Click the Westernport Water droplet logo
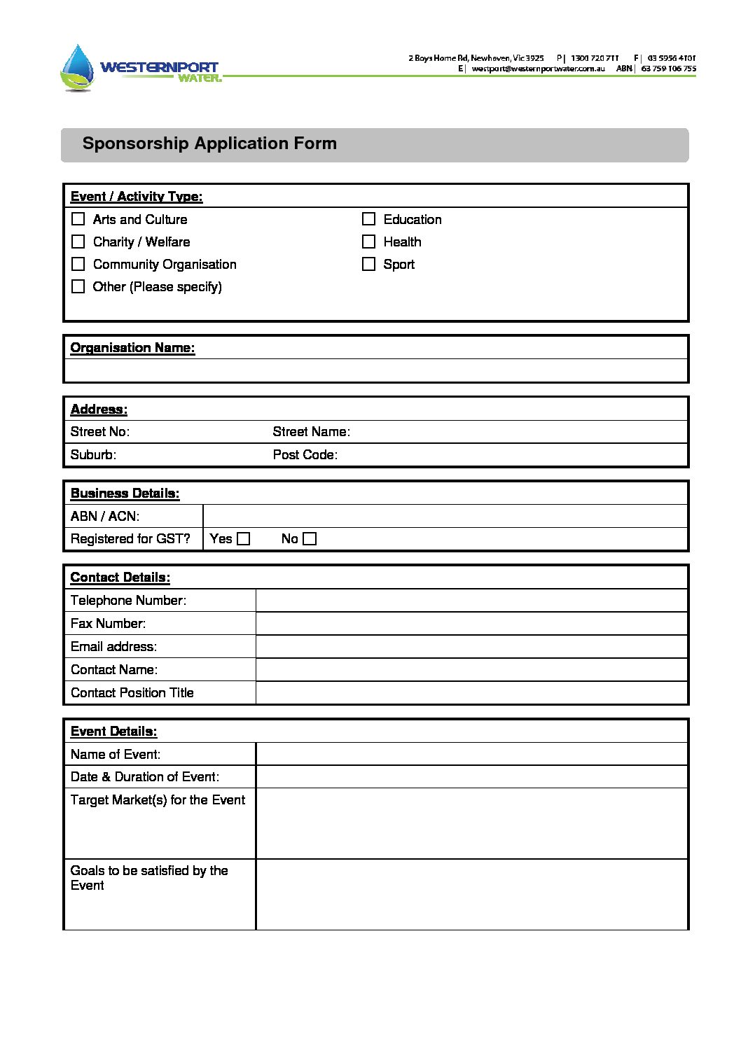(x=77, y=67)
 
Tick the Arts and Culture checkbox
(x=78, y=219)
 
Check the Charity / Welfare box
(x=78, y=242)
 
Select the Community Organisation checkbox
(x=78, y=264)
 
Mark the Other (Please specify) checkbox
(x=78, y=286)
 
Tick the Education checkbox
(x=368, y=219)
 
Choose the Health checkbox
(x=368, y=242)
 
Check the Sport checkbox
(x=368, y=264)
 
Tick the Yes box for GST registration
(x=243, y=539)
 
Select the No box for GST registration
(x=310, y=539)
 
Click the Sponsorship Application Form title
(x=209, y=144)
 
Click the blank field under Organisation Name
(x=375, y=370)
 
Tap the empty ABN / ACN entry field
(x=445, y=517)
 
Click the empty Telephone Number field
(x=471, y=601)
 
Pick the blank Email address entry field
(x=471, y=647)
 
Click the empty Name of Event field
(x=471, y=754)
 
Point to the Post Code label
(x=305, y=455)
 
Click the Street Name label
(x=311, y=432)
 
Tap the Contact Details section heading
(x=120, y=578)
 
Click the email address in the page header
(x=538, y=69)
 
